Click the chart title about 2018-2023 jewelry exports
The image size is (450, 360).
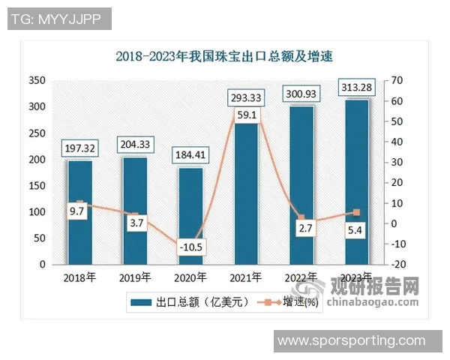click(x=224, y=55)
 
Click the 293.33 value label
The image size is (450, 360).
click(x=246, y=97)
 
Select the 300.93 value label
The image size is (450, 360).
click(x=301, y=94)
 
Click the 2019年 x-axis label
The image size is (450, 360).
click(x=135, y=277)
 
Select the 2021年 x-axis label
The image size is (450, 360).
click(x=246, y=277)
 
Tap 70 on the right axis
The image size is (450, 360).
click(x=397, y=80)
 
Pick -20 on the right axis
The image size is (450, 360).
click(x=399, y=265)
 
